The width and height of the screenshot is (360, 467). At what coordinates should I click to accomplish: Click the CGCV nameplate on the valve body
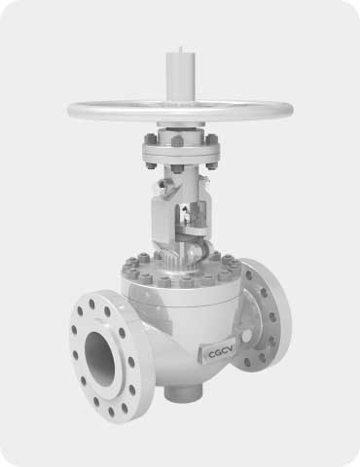[216, 352]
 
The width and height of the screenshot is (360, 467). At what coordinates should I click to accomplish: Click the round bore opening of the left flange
[99, 359]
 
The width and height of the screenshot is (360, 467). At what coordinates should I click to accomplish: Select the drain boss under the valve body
[182, 394]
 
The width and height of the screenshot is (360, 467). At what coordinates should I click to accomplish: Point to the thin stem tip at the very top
[181, 50]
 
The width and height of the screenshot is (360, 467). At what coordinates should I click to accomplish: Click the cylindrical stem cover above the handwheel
[181, 77]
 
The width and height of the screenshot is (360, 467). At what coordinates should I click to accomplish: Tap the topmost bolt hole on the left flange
[91, 305]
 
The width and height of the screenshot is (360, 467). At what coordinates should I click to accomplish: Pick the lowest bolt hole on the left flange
[111, 412]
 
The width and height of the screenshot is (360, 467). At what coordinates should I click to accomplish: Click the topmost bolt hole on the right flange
[249, 275]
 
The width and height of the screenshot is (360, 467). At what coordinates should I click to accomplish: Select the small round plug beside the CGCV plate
[246, 336]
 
